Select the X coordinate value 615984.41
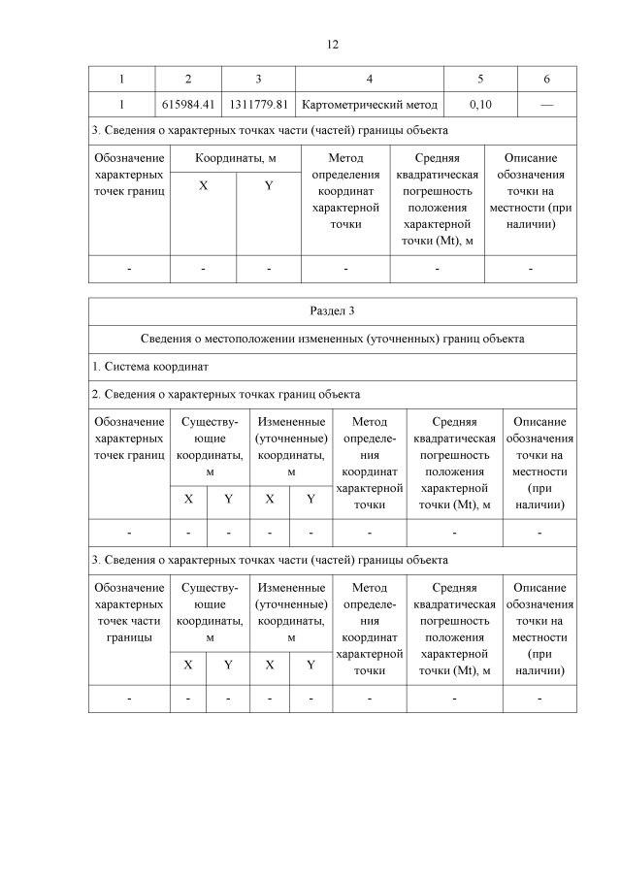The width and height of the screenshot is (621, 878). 188,104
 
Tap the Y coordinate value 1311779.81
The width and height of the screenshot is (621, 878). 258,104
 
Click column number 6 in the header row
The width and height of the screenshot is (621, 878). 546,79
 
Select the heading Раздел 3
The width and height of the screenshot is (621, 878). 332,310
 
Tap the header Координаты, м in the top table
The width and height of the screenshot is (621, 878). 236,158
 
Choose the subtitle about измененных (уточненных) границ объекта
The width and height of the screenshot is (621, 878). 332,340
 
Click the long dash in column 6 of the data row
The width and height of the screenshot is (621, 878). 546,104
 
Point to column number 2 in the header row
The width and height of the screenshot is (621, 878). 188,79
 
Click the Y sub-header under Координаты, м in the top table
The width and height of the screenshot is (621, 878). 269,185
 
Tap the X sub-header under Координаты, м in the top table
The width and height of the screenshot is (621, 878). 203,185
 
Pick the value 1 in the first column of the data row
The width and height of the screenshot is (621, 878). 121,104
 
